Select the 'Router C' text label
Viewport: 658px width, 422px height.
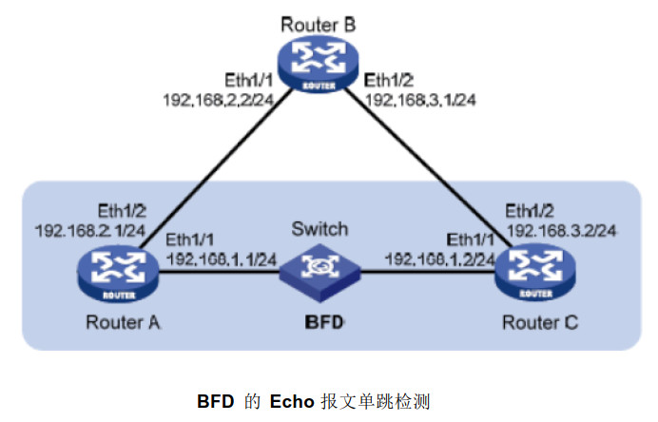538,322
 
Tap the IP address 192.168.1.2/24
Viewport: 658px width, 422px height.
439,258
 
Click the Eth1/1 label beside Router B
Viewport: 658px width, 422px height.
248,79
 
